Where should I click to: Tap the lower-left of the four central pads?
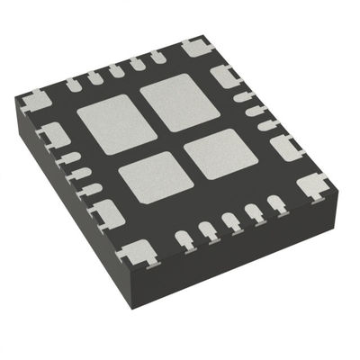coord(150,176)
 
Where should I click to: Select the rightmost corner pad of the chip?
coord(312,186)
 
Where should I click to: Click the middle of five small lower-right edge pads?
coord(232,221)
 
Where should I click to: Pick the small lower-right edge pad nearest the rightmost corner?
coord(276,204)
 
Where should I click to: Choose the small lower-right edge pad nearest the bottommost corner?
coord(185,239)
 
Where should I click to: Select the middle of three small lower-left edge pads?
coord(80,173)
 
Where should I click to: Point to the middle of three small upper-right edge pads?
coord(254,112)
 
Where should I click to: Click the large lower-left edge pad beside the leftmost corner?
coord(55,135)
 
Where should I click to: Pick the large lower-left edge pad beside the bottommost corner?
coord(107,212)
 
